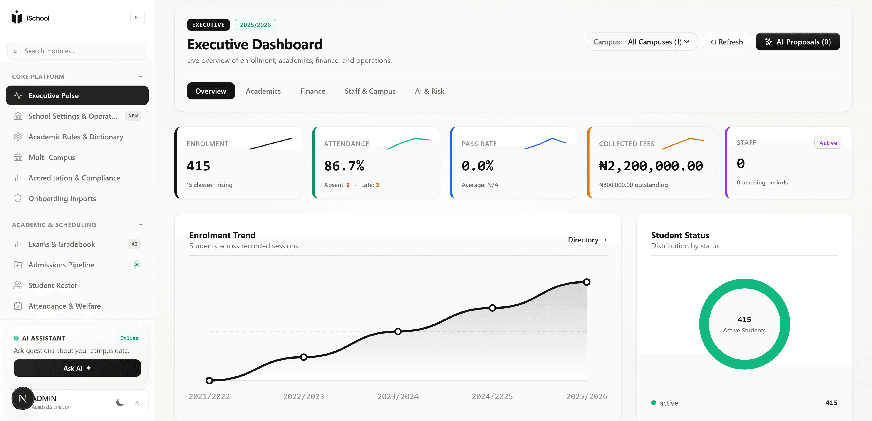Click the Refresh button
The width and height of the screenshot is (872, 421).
tap(726, 42)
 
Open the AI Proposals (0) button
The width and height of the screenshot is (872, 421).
tap(798, 42)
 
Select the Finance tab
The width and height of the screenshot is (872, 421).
tap(312, 91)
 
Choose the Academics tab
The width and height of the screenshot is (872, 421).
tap(263, 91)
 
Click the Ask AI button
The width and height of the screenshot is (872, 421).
tap(77, 368)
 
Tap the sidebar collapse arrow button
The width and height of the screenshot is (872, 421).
tap(137, 17)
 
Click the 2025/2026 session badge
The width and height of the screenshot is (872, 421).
tap(255, 25)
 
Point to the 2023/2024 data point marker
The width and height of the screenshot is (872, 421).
tap(398, 331)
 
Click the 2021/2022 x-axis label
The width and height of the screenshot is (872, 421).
tap(209, 396)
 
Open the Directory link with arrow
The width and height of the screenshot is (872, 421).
tap(587, 240)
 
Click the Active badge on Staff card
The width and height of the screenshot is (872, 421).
tap(828, 143)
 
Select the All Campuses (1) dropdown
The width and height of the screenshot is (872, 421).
tap(658, 42)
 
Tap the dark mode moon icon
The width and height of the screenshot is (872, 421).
tap(120, 402)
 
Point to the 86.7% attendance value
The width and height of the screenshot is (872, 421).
tap(344, 166)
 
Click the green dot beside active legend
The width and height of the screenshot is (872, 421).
tap(653, 403)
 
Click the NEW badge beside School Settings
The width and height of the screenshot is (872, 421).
tap(133, 116)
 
